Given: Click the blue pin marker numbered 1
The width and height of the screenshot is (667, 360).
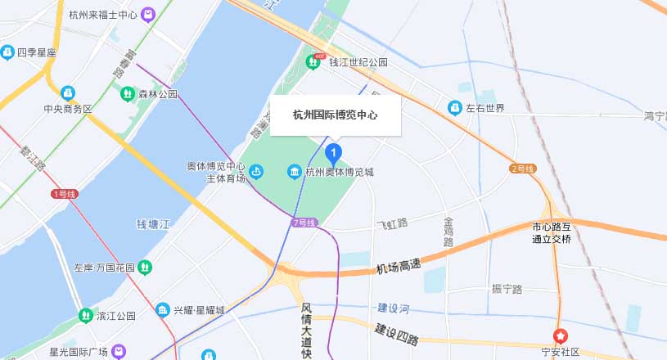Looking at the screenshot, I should click(334, 153).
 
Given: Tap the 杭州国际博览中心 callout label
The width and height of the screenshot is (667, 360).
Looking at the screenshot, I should click(336, 115).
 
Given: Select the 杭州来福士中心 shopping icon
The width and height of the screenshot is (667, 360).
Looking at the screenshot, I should click(147, 14).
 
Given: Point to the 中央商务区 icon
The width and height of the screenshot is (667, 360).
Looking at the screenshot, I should click(68, 92).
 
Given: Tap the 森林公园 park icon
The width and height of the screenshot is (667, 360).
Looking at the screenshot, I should click(128, 94).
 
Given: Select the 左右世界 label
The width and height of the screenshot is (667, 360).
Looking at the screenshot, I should click(485, 108).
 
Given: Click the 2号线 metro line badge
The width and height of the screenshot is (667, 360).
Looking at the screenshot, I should click(522, 169).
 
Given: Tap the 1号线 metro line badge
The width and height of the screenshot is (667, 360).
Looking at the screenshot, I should click(64, 194).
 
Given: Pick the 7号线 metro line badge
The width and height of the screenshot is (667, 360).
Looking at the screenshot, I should click(304, 223).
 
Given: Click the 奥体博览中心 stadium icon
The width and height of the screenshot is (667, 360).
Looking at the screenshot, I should click(256, 172).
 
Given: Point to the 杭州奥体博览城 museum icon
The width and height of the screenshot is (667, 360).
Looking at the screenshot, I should click(294, 172).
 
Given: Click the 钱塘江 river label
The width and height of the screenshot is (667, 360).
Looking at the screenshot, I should click(153, 224).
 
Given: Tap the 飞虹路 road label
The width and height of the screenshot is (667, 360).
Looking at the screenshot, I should click(391, 223).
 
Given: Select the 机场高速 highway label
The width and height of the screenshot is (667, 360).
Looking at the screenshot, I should click(399, 266).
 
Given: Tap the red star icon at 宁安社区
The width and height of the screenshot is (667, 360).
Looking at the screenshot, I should click(561, 335).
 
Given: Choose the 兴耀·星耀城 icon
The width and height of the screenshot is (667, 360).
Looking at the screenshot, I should click(162, 311).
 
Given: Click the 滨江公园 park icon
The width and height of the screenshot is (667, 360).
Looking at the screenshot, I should click(85, 315).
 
